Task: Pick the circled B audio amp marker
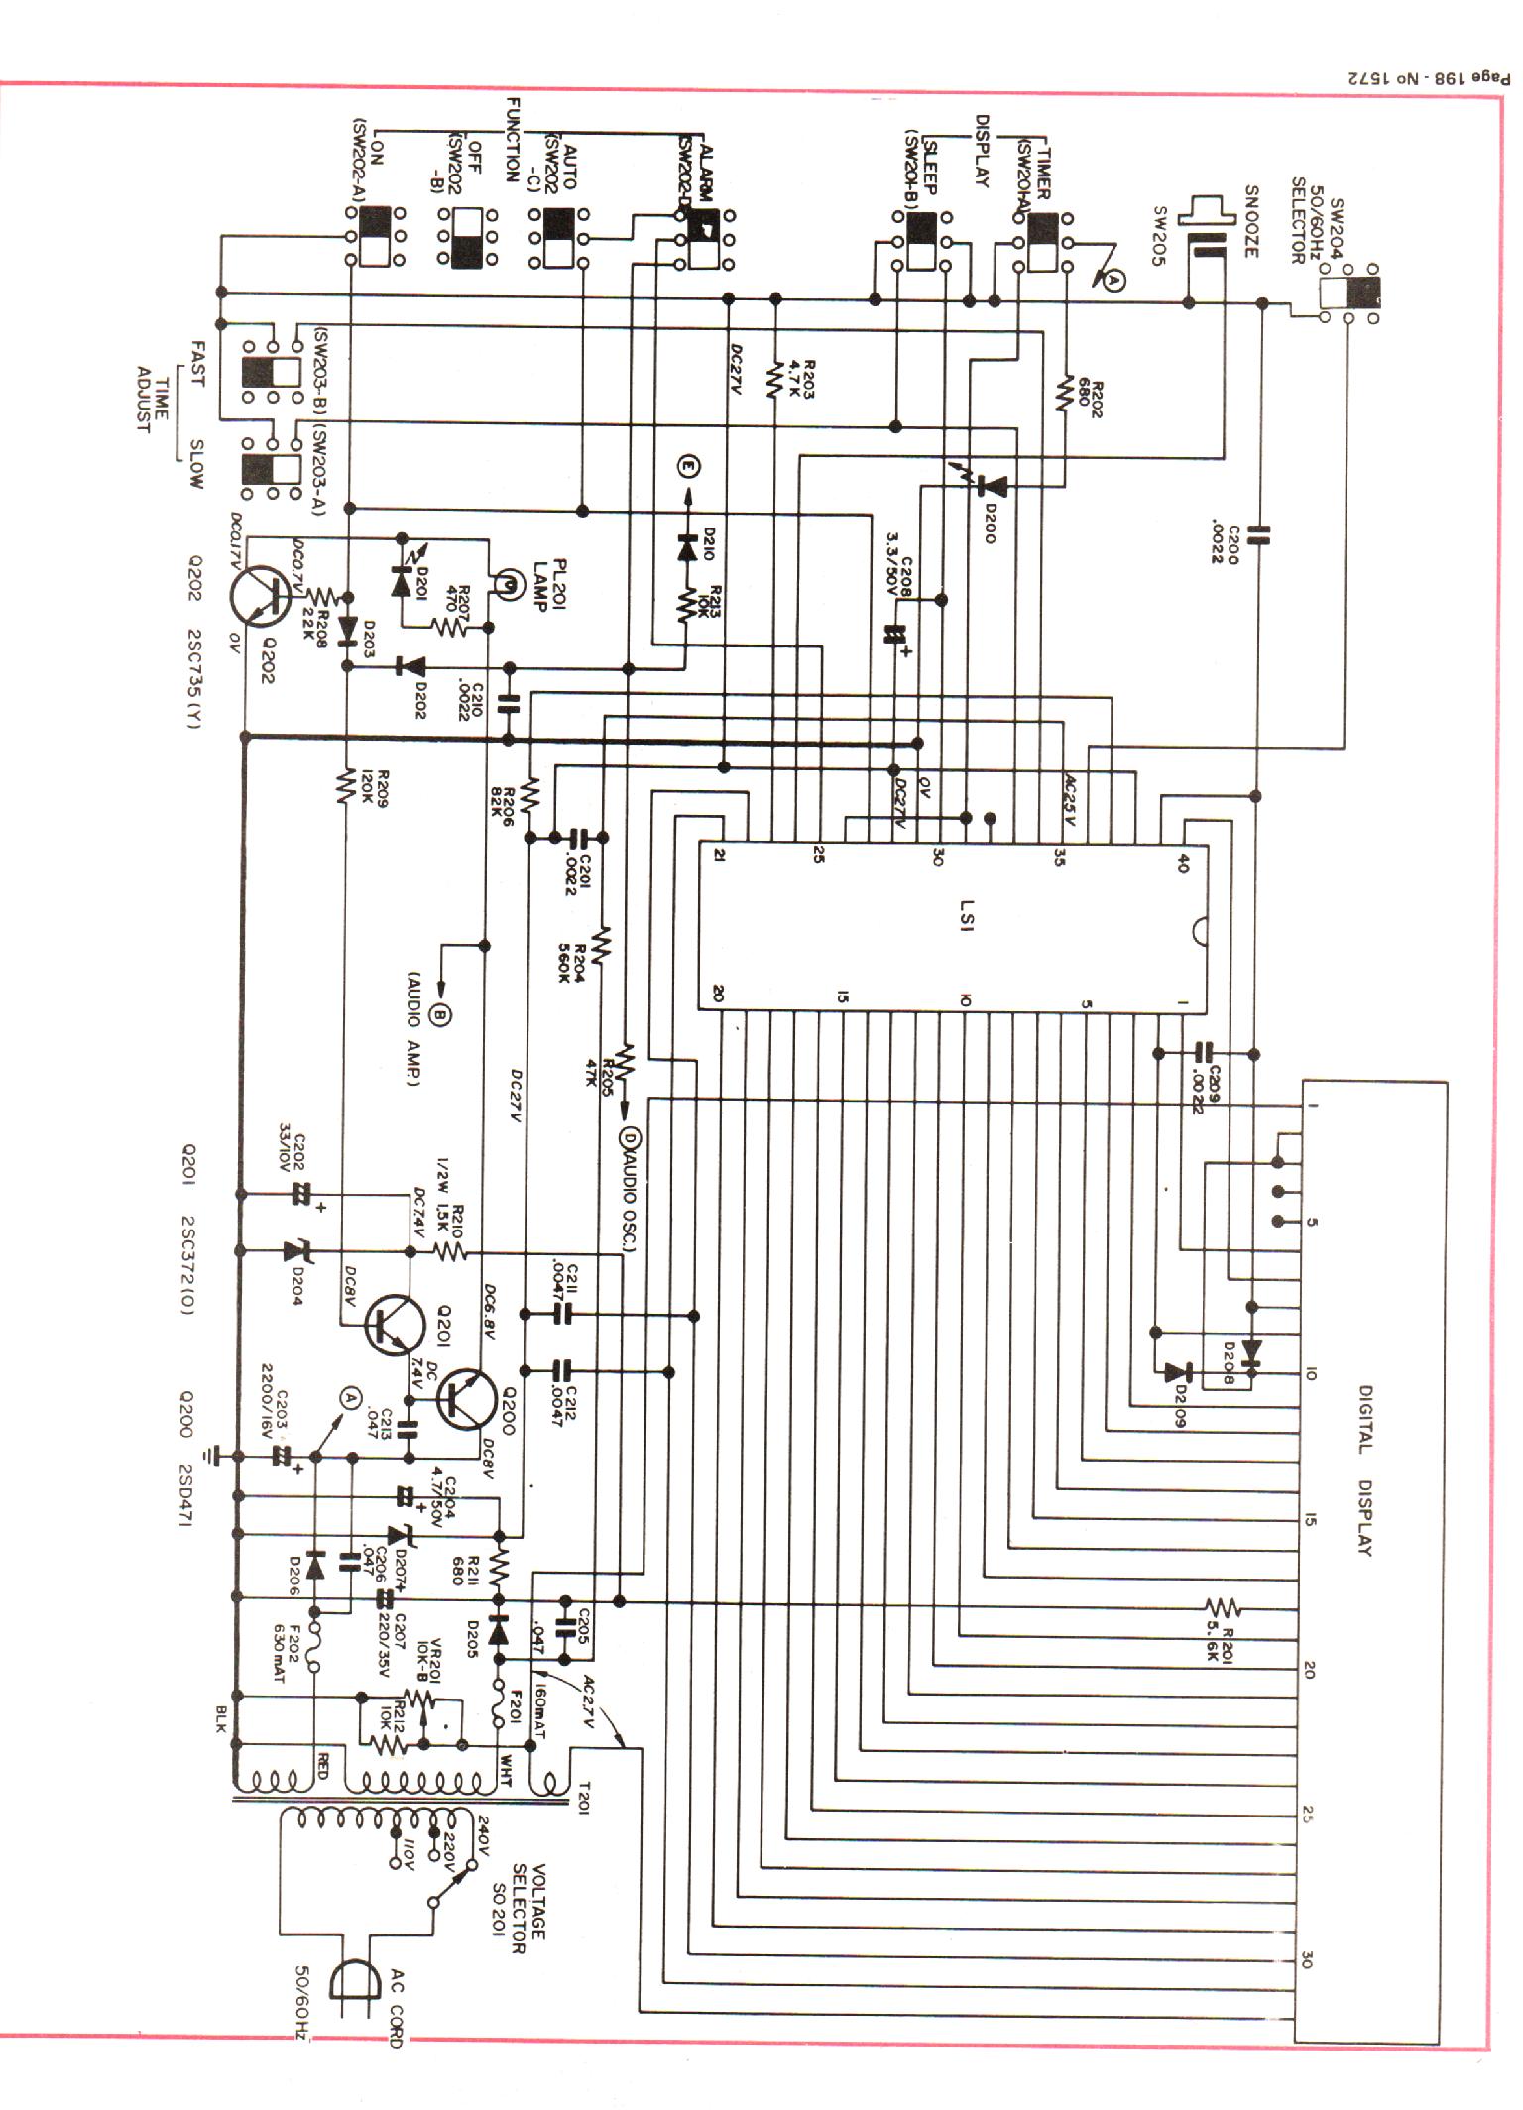443,1013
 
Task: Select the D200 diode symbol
992,486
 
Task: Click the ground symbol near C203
209,1456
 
